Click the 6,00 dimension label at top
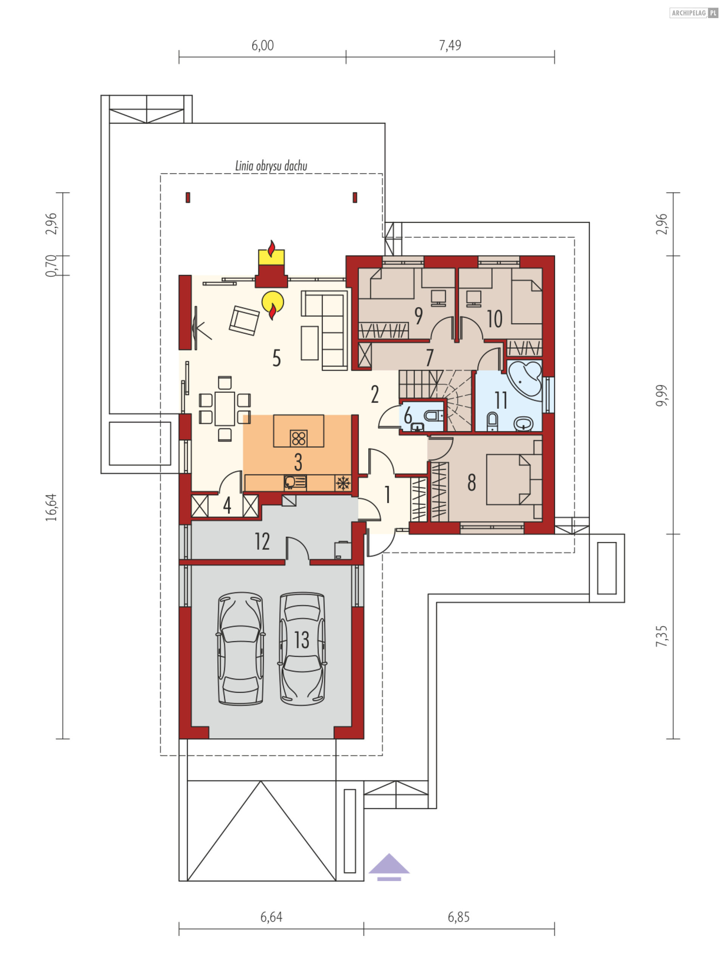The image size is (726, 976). point(262,45)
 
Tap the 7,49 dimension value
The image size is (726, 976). point(450,45)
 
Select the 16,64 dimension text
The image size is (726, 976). point(51,507)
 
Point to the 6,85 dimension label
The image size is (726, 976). point(459,917)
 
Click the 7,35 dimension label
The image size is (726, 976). point(661,636)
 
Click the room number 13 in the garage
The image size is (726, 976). point(301,640)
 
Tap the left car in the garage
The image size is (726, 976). point(240,648)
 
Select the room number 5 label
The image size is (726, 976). point(276,358)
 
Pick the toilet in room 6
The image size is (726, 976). point(433,415)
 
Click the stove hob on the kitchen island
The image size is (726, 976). point(298,438)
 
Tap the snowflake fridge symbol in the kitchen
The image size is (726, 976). point(343,483)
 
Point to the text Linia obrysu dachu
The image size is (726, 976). point(271,166)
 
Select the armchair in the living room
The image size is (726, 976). point(244,320)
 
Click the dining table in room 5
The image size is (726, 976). point(225,409)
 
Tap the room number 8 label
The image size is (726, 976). point(472,483)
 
